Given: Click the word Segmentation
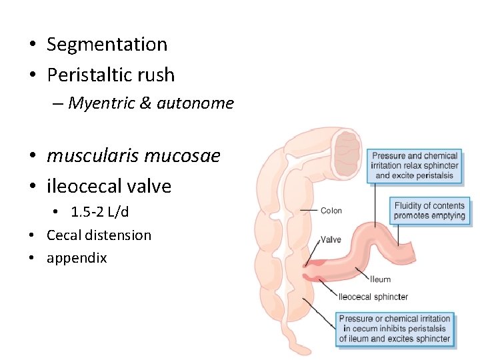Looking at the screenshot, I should pyautogui.click(x=107, y=45).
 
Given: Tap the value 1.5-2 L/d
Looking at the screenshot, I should pyautogui.click(x=99, y=212).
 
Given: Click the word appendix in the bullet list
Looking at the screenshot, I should pyautogui.click(x=77, y=258).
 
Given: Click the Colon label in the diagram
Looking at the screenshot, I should pyautogui.click(x=331, y=211).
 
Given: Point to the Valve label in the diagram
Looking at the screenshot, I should pyautogui.click(x=331, y=239).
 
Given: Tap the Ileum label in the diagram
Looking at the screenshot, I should pyautogui.click(x=381, y=279).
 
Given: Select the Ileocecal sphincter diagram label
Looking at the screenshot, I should pyautogui.click(x=373, y=297).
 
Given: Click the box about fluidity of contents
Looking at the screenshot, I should pyautogui.click(x=429, y=211).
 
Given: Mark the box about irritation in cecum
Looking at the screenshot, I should pyautogui.click(x=394, y=329).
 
